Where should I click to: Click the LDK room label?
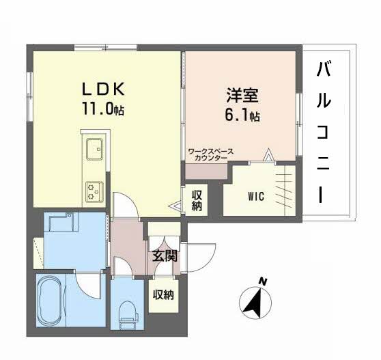coord(103,89)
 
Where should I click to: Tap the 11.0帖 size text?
coord(103,109)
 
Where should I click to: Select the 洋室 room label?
coord(242,96)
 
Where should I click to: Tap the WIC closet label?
coord(256,197)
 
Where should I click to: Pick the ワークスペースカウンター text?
coord(211,155)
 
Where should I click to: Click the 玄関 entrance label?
coord(165,256)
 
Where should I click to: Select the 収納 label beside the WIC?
coord(197,200)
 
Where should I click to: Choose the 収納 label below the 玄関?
coord(163,295)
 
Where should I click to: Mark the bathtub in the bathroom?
coord(51,300)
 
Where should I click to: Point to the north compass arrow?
coord(255,303)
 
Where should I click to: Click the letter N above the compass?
coord(262,281)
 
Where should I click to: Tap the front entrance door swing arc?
coord(208,263)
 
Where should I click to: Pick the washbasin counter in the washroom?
coord(64,222)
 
